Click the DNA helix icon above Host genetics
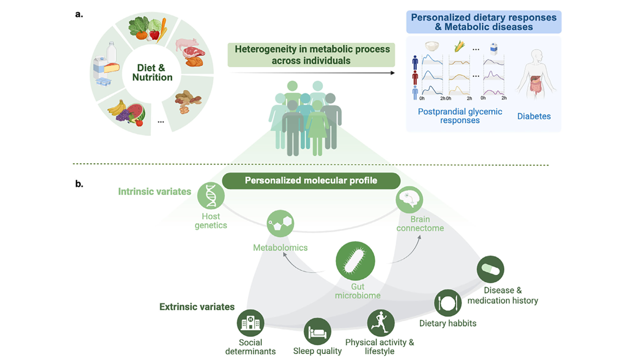coord(210,195)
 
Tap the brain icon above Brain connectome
coord(409,199)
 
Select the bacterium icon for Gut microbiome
coord(355,260)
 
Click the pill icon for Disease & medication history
coord(490,269)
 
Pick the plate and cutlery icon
coord(447,302)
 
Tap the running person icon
coord(380,322)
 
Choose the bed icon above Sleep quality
coord(317,331)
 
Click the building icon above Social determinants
coord(250,322)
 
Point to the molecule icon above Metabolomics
coord(280,225)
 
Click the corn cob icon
coord(459,46)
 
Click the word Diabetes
coord(534,116)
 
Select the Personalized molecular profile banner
coord(311,180)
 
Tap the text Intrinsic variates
coord(154,191)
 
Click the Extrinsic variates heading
coord(197,306)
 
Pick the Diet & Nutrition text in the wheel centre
coord(152,72)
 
